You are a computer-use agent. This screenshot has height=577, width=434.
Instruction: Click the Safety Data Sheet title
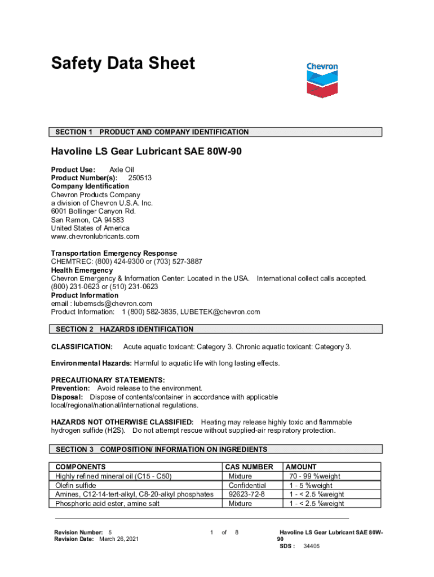(x=123, y=63)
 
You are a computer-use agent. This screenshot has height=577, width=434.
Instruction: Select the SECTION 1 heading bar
(x=216, y=132)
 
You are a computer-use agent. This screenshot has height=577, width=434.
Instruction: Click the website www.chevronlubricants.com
(x=95, y=237)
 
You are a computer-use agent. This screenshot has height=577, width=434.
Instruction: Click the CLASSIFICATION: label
(x=82, y=346)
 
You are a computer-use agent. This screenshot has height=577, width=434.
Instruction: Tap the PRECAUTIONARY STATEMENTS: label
(x=108, y=380)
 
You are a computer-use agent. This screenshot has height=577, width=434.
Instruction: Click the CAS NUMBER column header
(x=249, y=467)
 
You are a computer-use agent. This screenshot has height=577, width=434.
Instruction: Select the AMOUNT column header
(x=301, y=467)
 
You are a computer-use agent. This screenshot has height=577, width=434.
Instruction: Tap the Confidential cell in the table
(x=247, y=485)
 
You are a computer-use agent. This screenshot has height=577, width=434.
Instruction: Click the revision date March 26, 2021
(x=118, y=539)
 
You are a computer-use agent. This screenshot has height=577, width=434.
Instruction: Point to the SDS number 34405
(x=311, y=547)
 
